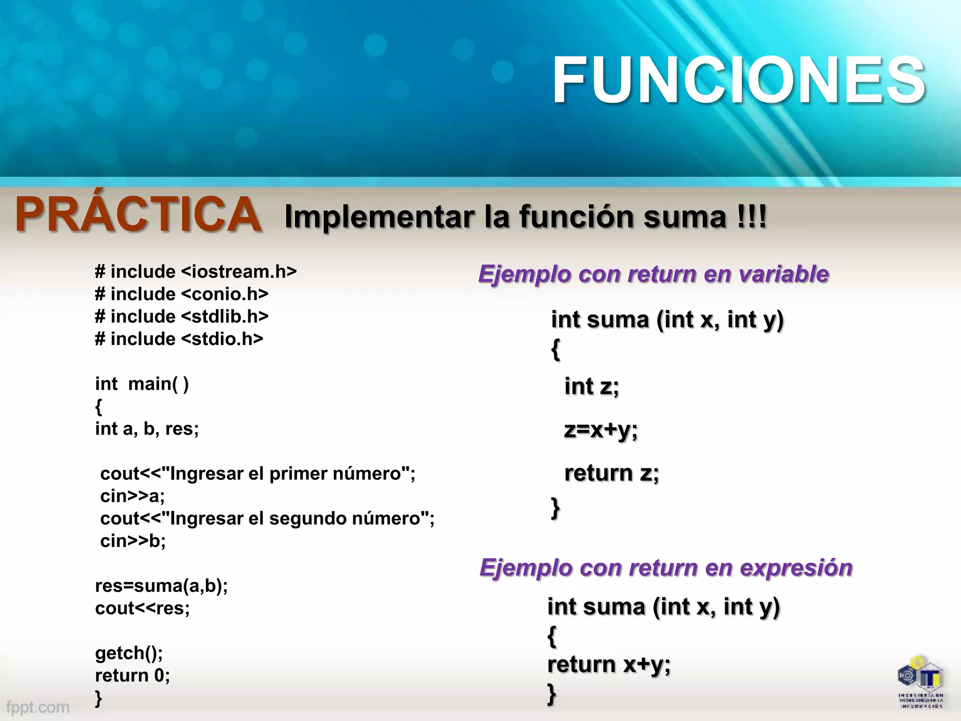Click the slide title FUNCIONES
click(x=739, y=80)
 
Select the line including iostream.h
click(x=196, y=272)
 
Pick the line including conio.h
click(x=182, y=294)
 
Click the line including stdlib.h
click(x=182, y=317)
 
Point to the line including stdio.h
click(x=179, y=339)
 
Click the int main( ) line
click(x=142, y=384)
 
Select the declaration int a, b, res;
click(x=147, y=429)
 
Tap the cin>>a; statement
click(x=132, y=496)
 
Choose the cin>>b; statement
click(x=133, y=541)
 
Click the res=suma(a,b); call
click(x=161, y=586)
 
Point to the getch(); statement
click(x=129, y=653)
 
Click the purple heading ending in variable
click(x=654, y=274)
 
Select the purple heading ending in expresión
click(x=666, y=568)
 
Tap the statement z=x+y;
click(x=601, y=430)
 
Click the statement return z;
click(x=611, y=473)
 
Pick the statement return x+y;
click(x=609, y=665)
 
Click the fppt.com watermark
click(x=38, y=707)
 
